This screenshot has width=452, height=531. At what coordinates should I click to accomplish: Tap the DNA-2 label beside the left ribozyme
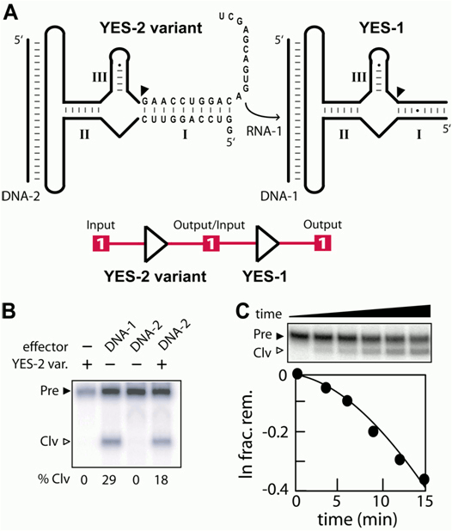pos(21,196)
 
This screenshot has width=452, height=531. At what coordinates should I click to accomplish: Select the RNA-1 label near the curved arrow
pos(264,131)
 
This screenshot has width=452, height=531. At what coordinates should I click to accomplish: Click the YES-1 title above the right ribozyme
pos(382,27)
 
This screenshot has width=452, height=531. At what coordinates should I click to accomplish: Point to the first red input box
pos(101,243)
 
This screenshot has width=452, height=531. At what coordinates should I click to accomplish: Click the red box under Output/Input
pos(211,243)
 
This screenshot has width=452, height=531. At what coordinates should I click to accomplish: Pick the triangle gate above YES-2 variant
pos(156,244)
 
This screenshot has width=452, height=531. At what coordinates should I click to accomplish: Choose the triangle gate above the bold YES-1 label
pos(267,244)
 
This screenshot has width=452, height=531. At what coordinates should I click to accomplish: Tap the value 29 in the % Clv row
pos(109,479)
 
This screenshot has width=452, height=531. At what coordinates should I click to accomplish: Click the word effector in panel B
pos(46,347)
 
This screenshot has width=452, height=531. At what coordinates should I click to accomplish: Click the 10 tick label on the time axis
pos(382,501)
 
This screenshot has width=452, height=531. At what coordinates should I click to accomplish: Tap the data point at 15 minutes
pos(424,479)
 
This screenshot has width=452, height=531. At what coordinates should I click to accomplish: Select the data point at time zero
pos(297,374)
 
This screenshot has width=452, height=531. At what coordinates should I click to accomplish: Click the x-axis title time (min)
pos(357,519)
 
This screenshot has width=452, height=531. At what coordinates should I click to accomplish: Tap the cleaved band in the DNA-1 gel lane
pos(111,442)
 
